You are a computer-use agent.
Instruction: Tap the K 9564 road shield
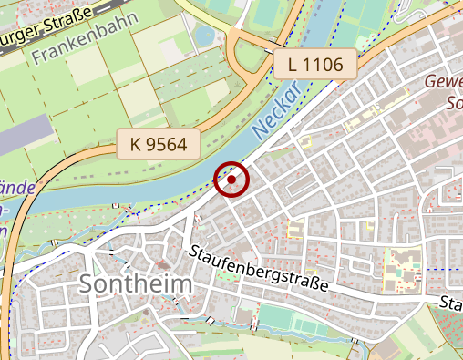(158, 143)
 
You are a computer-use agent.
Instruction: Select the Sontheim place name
(136, 284)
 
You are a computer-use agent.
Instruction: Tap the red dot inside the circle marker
(231, 180)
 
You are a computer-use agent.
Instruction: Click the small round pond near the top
(204, 36)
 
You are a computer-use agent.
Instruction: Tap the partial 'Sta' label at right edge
(450, 302)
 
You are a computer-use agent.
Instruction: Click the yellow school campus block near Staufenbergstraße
(401, 267)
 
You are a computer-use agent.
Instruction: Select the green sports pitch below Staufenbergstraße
(288, 320)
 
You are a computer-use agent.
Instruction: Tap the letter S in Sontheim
(88, 284)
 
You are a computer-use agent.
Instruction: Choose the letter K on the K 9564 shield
(136, 143)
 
